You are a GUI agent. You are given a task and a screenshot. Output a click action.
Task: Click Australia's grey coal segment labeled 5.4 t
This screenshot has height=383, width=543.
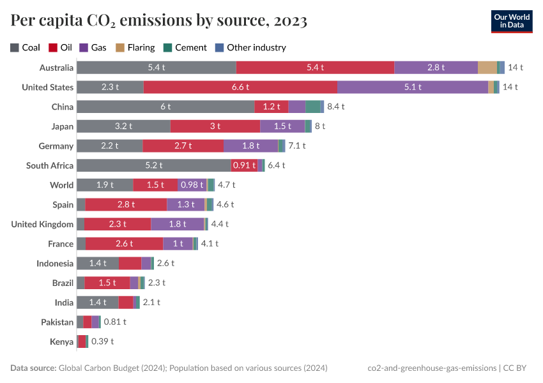[156, 67]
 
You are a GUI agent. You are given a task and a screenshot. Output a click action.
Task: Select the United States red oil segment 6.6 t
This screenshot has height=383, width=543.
[240, 87]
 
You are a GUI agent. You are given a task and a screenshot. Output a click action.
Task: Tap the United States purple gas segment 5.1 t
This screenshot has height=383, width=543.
[412, 87]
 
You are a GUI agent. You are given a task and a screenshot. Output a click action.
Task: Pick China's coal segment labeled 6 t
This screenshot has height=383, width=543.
[165, 107]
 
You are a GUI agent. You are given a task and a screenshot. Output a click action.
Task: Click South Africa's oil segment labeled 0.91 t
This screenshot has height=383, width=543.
[244, 165]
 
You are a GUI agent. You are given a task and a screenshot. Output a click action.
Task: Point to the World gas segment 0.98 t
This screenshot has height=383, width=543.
[192, 185]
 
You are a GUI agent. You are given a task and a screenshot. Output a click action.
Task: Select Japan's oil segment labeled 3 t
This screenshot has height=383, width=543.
[215, 126]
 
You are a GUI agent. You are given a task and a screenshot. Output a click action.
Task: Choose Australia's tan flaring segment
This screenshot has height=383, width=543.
[487, 67]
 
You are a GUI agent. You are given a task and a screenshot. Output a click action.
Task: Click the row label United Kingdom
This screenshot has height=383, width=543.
[42, 224]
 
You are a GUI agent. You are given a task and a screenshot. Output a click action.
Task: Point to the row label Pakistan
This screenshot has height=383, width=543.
[57, 322]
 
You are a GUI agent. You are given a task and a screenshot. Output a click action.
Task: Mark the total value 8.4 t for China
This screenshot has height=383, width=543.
[336, 107]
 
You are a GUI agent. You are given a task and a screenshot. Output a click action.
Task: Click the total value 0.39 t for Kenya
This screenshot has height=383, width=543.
[102, 342]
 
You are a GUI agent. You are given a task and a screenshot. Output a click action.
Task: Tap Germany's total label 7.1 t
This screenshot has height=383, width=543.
[297, 146]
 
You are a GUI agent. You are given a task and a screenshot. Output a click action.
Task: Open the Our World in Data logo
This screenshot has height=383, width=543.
[512, 21]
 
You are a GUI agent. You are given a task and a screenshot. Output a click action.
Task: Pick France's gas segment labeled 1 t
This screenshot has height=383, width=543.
[178, 244]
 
